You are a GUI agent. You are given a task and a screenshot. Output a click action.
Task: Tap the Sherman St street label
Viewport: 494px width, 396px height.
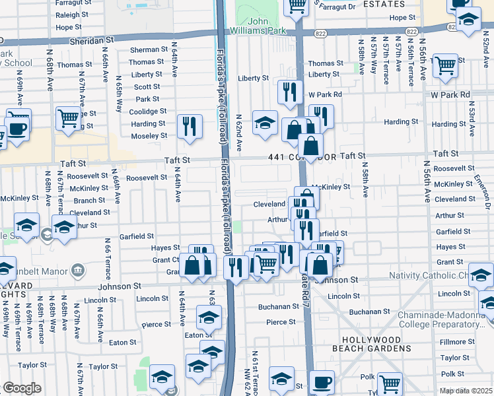pos(149,49)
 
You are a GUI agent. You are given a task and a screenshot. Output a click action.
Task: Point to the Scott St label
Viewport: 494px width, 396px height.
pos(147,86)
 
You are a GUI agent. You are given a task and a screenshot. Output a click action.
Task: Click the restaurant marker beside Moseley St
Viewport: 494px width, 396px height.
pos(190,125)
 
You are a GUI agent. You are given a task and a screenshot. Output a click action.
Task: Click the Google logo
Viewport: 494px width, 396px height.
pos(22,387)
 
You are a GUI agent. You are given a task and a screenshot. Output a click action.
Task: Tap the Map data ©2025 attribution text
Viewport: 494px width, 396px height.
pos(466,391)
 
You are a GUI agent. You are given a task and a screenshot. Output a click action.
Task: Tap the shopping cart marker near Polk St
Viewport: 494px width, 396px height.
pos(390,382)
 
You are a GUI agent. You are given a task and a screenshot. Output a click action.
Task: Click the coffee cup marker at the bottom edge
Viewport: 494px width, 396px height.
pos(322,382)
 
